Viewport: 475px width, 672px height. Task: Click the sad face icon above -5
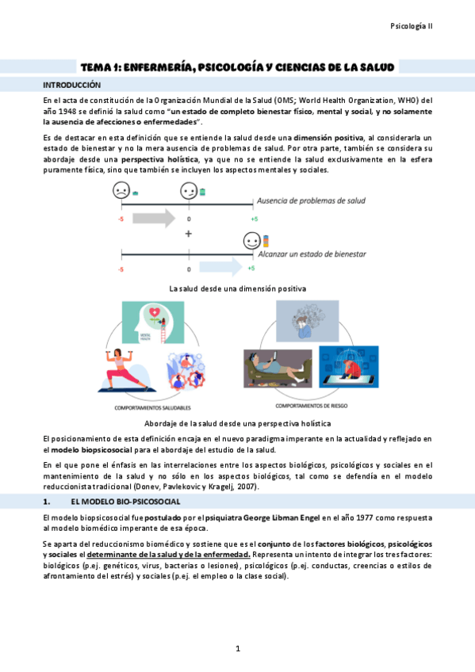pyautogui.click(x=121, y=192)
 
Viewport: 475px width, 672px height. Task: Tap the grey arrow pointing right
pyautogui.click(x=159, y=218)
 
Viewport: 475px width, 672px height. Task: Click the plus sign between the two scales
pyautogui.click(x=188, y=234)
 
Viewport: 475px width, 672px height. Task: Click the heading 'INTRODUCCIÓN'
pyautogui.click(x=71, y=84)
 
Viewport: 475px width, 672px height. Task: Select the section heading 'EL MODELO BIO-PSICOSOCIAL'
pyautogui.click(x=125, y=502)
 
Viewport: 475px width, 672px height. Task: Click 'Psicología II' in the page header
pyautogui.click(x=413, y=26)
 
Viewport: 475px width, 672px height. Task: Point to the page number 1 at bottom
pyautogui.click(x=237, y=649)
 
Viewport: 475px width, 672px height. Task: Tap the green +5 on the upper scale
pyautogui.click(x=254, y=219)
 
